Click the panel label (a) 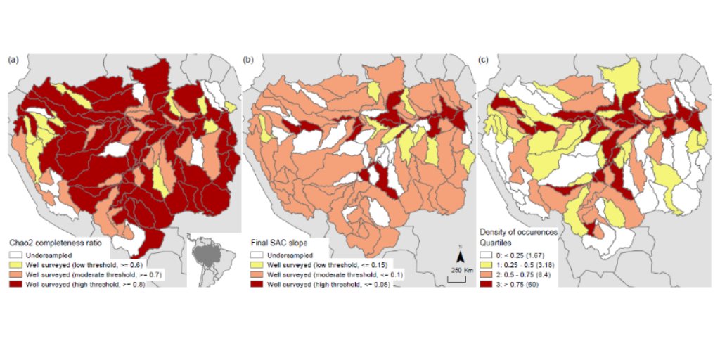point(13,60)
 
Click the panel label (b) point(247,60)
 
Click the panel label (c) point(483,60)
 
